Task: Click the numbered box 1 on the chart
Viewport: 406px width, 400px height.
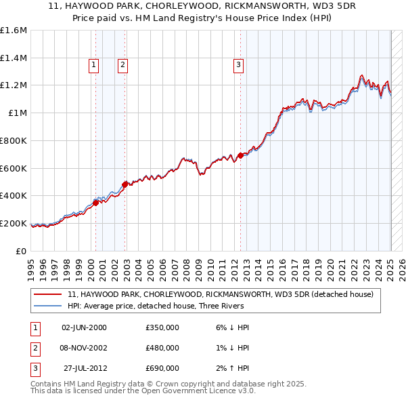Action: [x=93, y=65]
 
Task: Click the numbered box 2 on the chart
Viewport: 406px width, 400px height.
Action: [x=122, y=65]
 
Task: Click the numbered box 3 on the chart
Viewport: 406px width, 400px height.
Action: [x=239, y=65]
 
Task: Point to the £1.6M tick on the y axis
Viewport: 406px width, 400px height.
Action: [x=14, y=31]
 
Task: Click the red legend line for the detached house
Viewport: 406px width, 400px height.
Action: [x=48, y=295]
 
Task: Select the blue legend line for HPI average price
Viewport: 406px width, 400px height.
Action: [x=48, y=306]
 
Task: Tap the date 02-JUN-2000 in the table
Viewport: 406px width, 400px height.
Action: [x=84, y=327]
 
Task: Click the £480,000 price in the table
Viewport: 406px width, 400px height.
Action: [x=162, y=348]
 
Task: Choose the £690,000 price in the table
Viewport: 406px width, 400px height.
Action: [x=162, y=368]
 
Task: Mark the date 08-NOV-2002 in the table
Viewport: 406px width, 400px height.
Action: [x=84, y=348]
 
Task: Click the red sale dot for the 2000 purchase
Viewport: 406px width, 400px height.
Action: [x=96, y=202]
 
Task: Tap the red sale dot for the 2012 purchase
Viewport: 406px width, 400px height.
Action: [x=241, y=155]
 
